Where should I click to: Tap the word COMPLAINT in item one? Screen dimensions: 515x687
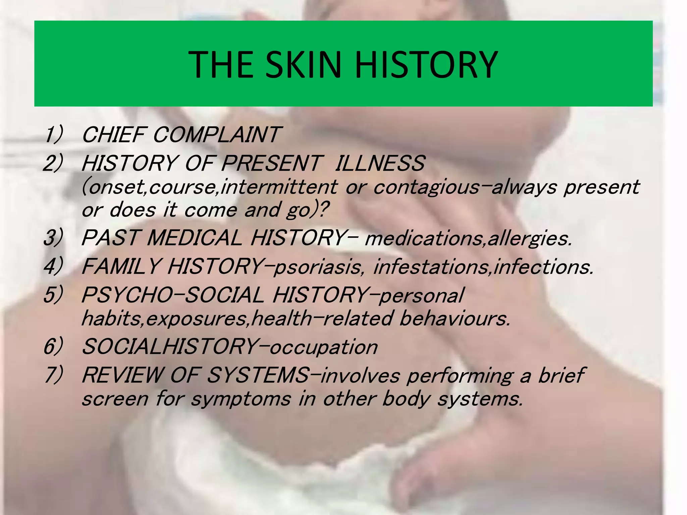(x=215, y=135)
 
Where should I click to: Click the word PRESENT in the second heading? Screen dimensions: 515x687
(x=271, y=163)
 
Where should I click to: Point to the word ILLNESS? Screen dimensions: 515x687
(x=380, y=163)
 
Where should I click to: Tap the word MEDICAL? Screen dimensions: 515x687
(x=195, y=238)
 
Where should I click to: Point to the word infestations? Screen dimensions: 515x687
(x=431, y=267)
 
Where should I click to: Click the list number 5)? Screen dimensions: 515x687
(x=53, y=295)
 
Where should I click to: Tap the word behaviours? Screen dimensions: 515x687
(x=455, y=319)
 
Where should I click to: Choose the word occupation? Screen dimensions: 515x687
(x=324, y=347)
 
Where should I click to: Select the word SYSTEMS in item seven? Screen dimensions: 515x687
(x=258, y=375)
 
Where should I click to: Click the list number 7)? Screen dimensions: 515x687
(x=53, y=375)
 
